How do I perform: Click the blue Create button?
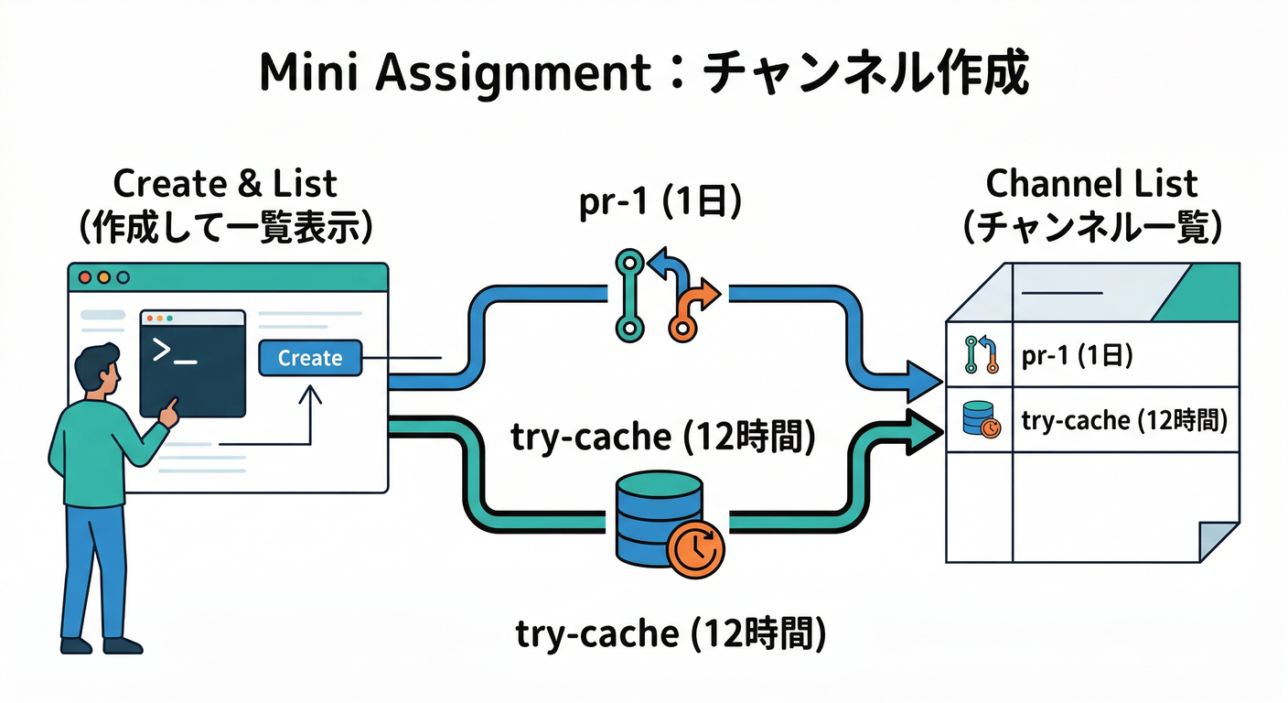click(310, 358)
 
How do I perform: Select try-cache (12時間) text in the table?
click(1123, 420)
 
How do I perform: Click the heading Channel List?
click(1091, 184)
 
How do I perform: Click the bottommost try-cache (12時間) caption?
click(671, 633)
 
